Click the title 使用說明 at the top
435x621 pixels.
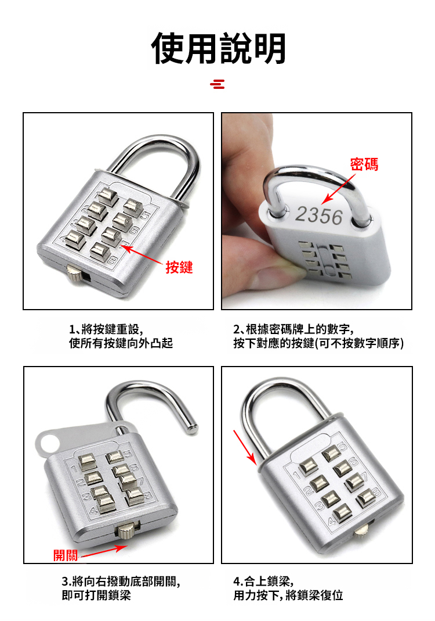(x=218, y=48)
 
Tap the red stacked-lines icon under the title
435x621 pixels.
(x=217, y=84)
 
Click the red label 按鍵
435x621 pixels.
(x=179, y=267)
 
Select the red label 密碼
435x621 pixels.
(x=364, y=164)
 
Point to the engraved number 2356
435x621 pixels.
(x=319, y=216)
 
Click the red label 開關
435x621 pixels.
(x=66, y=555)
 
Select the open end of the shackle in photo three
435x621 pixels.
(x=192, y=429)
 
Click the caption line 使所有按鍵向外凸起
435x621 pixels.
(x=121, y=343)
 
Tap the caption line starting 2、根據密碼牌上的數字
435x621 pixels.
(x=293, y=329)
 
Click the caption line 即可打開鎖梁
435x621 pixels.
(x=96, y=595)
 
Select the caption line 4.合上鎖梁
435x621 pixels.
(x=263, y=581)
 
